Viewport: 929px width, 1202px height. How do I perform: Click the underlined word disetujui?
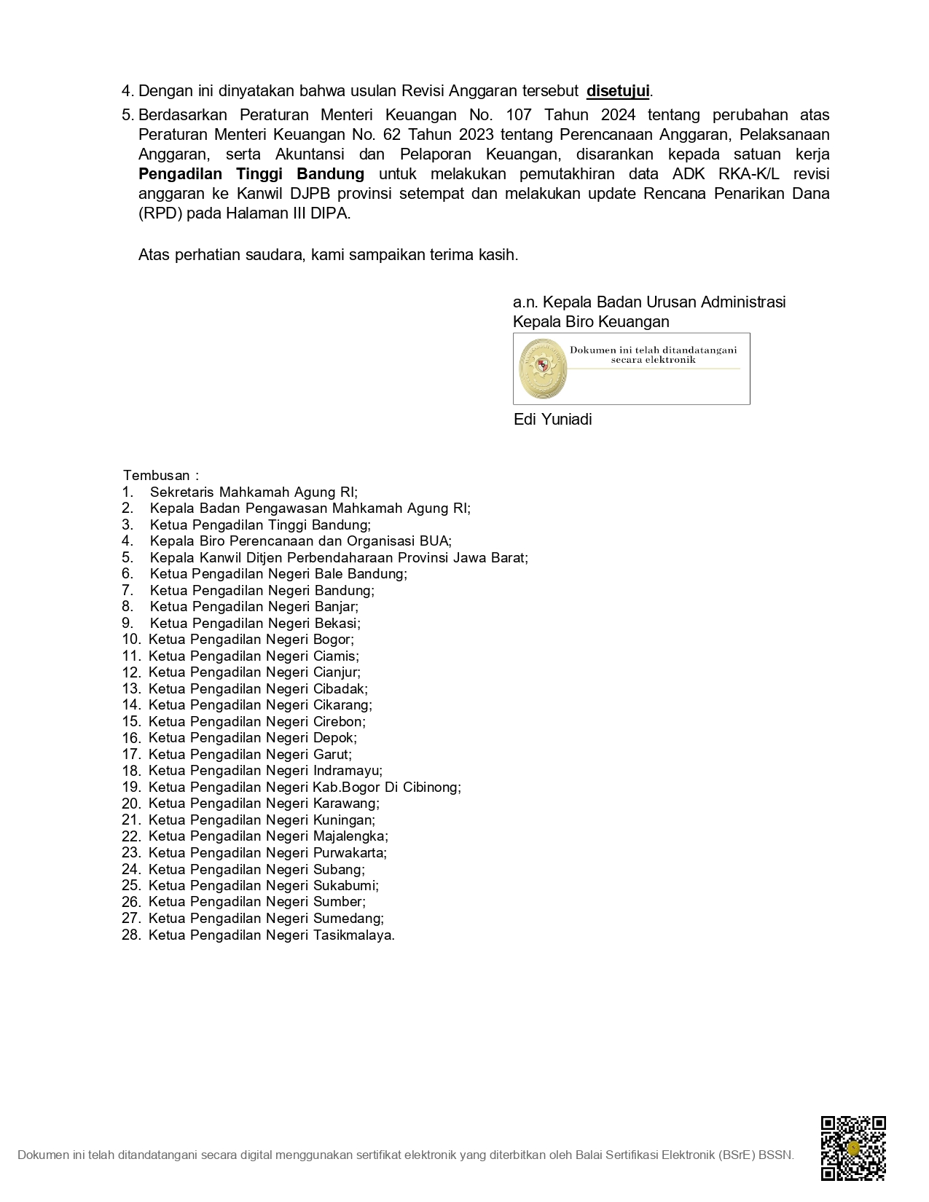click(x=617, y=91)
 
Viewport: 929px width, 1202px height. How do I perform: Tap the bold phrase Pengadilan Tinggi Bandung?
click(x=251, y=174)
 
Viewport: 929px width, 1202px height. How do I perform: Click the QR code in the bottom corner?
click(x=853, y=1147)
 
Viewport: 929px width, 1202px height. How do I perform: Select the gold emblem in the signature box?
click(x=542, y=368)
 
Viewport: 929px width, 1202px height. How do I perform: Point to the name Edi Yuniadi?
click(x=552, y=420)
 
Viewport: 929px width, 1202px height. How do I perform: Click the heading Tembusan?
click(x=157, y=476)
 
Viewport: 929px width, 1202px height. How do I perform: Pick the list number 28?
click(x=131, y=935)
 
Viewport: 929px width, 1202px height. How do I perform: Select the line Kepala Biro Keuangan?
click(x=590, y=322)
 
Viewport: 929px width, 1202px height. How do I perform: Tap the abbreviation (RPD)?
click(x=160, y=214)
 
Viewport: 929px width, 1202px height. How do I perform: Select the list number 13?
click(x=131, y=689)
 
